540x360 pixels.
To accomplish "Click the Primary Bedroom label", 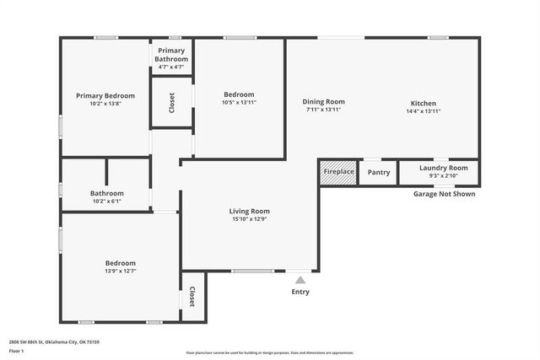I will coord(105,95).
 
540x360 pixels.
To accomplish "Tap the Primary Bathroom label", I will coord(172,55).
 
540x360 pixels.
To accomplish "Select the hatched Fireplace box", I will coord(339,172).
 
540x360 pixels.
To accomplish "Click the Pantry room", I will coord(379,172).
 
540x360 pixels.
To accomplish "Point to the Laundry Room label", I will coord(443,168).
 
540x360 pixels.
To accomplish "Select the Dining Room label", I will coord(324,102).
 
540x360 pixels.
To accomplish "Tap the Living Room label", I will coord(249,211).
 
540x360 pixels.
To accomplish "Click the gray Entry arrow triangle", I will coord(300,280).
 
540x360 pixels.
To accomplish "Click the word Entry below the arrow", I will coord(300,293).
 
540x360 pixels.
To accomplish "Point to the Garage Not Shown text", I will coord(444,194).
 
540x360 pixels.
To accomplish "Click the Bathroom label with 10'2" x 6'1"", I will coord(106,193).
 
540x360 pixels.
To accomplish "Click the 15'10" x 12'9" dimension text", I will coord(250,219).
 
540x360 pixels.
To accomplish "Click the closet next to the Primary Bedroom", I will coord(172,102).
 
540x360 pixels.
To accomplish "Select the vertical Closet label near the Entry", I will coord(192,297).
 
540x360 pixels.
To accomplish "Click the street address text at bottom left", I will coord(54,341).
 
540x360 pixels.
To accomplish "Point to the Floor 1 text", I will coord(17,350).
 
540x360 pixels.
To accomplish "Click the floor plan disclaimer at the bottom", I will coord(270,352).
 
